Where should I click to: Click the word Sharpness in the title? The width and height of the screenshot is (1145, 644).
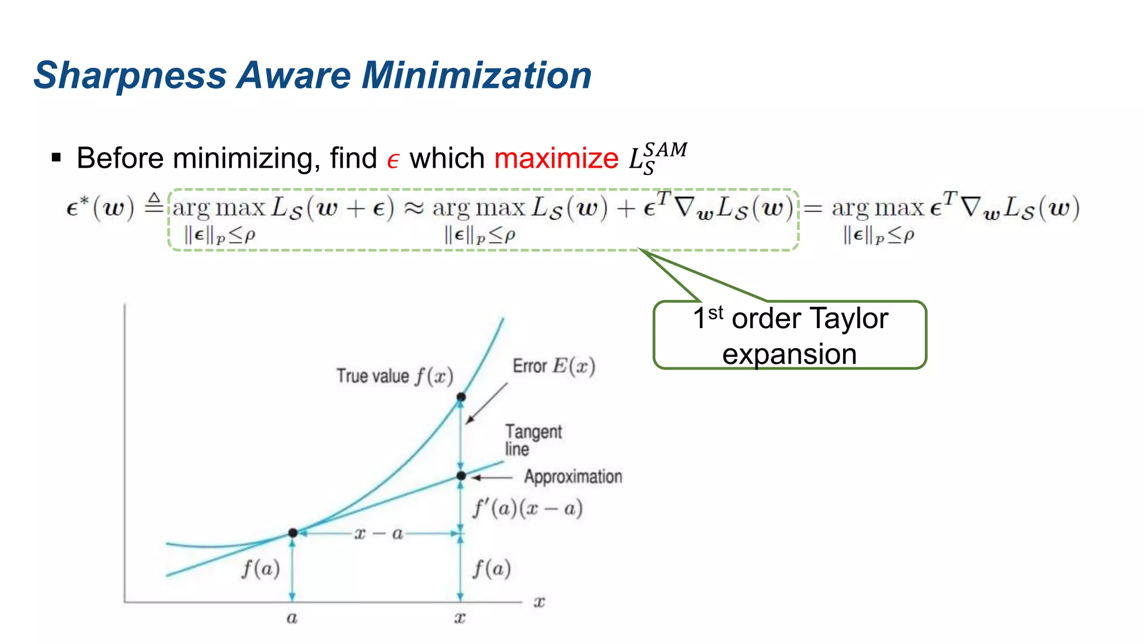pyautogui.click(x=130, y=75)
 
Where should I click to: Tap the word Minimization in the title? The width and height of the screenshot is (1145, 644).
pyautogui.click(x=476, y=75)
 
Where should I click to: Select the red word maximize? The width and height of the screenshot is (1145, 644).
pyautogui.click(x=556, y=158)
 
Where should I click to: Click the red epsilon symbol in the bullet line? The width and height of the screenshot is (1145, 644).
pyautogui.click(x=393, y=160)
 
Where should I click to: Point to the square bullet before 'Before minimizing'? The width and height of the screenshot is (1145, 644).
pyautogui.click(x=56, y=158)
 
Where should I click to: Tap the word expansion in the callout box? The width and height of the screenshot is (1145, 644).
pyautogui.click(x=789, y=354)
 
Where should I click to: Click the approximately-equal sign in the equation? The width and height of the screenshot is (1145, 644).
pyautogui.click(x=414, y=209)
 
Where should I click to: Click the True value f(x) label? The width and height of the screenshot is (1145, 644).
pyautogui.click(x=395, y=376)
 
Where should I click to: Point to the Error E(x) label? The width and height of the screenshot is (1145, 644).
pyautogui.click(x=553, y=366)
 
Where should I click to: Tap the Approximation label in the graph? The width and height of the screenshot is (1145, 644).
pyautogui.click(x=573, y=477)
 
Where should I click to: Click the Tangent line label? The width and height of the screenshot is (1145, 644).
pyautogui.click(x=533, y=440)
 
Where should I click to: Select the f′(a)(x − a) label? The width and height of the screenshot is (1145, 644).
pyautogui.click(x=528, y=508)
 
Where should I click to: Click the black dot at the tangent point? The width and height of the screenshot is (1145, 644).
pyautogui.click(x=292, y=533)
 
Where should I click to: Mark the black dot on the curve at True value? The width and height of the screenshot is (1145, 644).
pyautogui.click(x=461, y=397)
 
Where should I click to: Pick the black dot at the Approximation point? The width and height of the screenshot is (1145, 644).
pyautogui.click(x=461, y=476)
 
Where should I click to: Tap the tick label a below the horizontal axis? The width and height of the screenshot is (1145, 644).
pyautogui.click(x=292, y=618)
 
